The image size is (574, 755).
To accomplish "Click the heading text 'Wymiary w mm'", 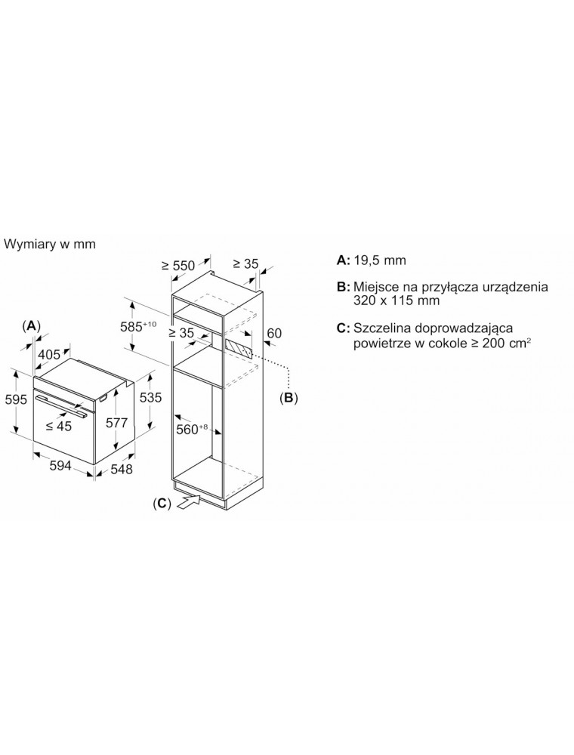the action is pyautogui.click(x=50, y=244).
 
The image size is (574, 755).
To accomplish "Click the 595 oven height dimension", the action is pyautogui.click(x=14, y=399).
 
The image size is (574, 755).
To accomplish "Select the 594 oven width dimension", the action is pyautogui.click(x=60, y=466).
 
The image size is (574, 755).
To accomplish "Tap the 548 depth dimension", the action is pyautogui.click(x=122, y=469).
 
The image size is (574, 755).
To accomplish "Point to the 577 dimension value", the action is pyautogui.click(x=117, y=423).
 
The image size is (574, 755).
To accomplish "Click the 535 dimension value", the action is pyautogui.click(x=151, y=397).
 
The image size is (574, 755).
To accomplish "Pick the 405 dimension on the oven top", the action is pyautogui.click(x=49, y=355).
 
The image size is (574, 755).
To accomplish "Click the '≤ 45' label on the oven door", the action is pyautogui.click(x=59, y=426).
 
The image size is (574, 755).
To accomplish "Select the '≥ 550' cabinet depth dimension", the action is pyautogui.click(x=179, y=265).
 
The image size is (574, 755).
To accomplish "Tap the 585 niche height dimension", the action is pyautogui.click(x=138, y=326).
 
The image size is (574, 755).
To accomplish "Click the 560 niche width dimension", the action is pyautogui.click(x=191, y=429).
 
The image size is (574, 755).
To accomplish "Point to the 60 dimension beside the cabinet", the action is pyautogui.click(x=274, y=333).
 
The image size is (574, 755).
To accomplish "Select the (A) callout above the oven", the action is pyautogui.click(x=32, y=326).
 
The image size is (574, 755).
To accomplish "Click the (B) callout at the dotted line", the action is pyautogui.click(x=289, y=398).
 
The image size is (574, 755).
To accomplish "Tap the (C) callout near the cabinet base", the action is pyautogui.click(x=162, y=504).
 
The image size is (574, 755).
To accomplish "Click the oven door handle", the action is pyautogui.click(x=60, y=405).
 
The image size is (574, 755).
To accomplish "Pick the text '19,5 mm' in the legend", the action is pyautogui.click(x=380, y=260).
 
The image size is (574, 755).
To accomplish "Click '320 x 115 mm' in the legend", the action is pyautogui.click(x=397, y=300).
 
